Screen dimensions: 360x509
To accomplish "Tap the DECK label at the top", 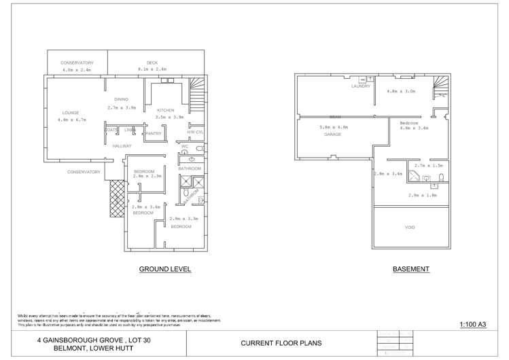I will (x=152, y=62).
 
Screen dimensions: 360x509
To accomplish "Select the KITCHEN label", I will (x=166, y=110).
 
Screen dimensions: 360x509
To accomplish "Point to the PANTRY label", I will (x=153, y=134).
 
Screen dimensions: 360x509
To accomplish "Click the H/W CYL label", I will (x=195, y=132).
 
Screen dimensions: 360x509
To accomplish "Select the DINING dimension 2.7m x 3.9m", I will (x=122, y=107).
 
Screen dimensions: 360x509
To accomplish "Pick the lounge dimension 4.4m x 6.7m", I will (x=73, y=120).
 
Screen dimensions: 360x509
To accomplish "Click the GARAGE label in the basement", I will (x=332, y=134).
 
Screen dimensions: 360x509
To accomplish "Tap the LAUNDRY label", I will (x=361, y=86).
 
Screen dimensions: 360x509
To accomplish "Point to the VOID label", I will (x=410, y=227).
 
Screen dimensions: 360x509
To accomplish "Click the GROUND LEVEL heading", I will (x=165, y=269).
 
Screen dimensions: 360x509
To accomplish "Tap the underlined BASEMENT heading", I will (x=410, y=269).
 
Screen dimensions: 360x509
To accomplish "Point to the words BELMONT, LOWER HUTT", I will (x=90, y=348).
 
